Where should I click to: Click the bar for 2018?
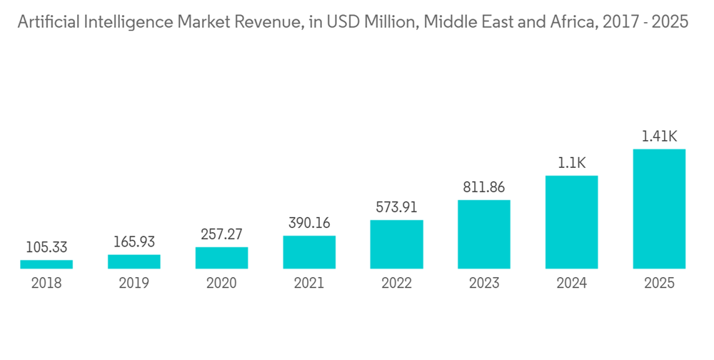pyautogui.click(x=46, y=264)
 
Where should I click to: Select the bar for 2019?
pyautogui.click(x=134, y=261)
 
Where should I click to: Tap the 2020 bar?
pyautogui.click(x=221, y=258)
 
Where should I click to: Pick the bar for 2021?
pyautogui.click(x=309, y=252)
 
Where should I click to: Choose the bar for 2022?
pyautogui.click(x=396, y=244)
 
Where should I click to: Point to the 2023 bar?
pyautogui.click(x=484, y=234)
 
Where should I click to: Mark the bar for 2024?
pyautogui.click(x=571, y=222)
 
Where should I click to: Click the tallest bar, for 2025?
pyautogui.click(x=659, y=209)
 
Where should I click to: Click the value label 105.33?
pyautogui.click(x=46, y=248)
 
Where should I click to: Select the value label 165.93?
pyautogui.click(x=134, y=242)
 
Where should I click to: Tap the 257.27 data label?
pyautogui.click(x=221, y=235)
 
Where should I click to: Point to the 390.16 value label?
pyautogui.click(x=309, y=224)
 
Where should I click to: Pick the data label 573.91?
pyautogui.click(x=396, y=208)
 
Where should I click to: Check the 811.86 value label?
pyautogui.click(x=484, y=188)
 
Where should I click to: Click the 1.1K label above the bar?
pyautogui.click(x=571, y=164)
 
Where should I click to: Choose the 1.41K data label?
pyautogui.click(x=659, y=136)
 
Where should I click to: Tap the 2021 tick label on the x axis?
pyautogui.click(x=309, y=284)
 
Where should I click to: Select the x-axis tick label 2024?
pyautogui.click(x=571, y=284)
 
